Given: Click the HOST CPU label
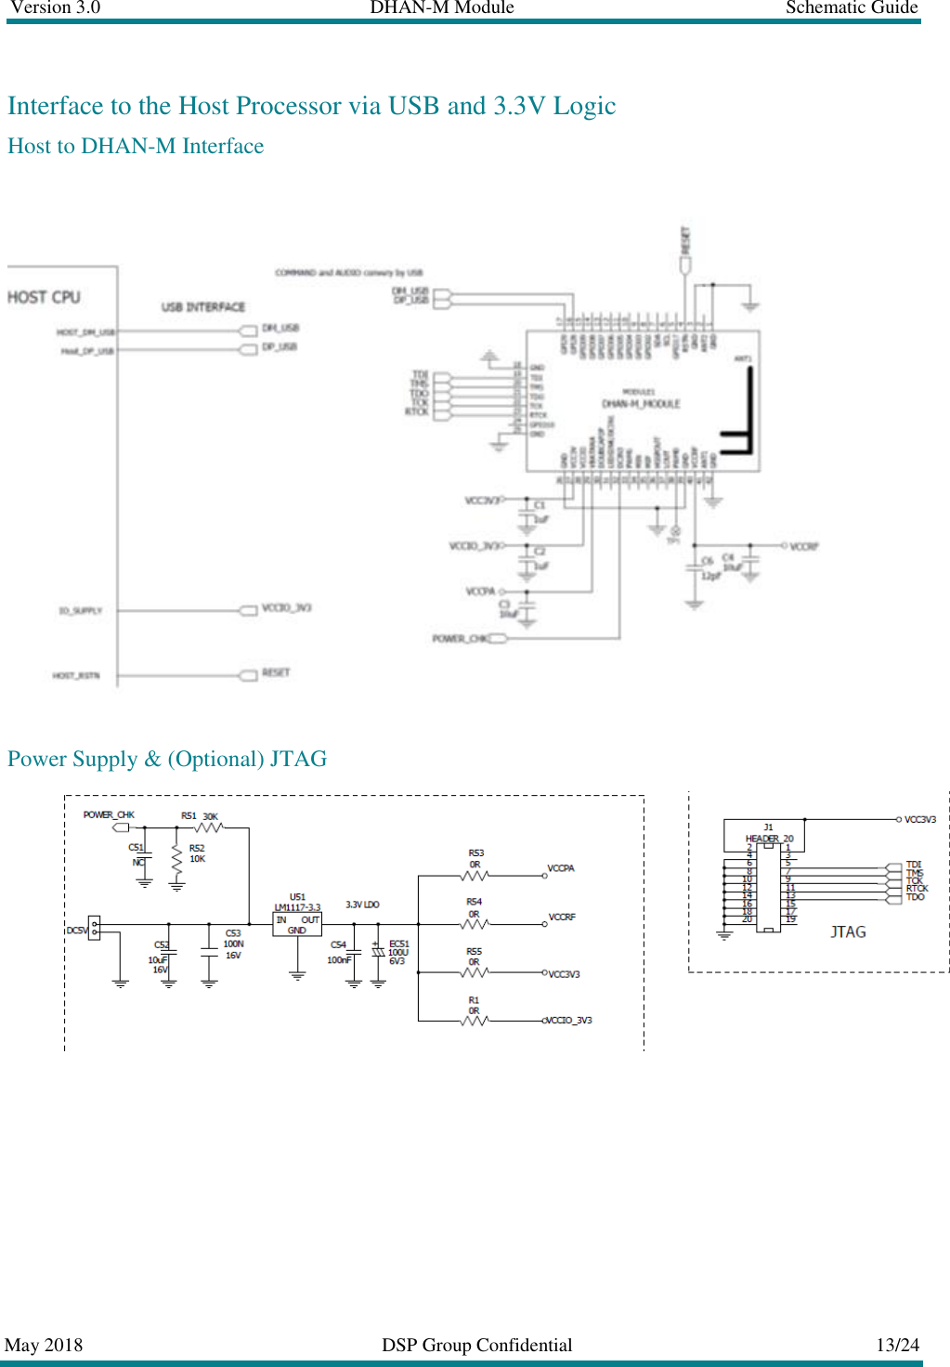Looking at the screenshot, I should (44, 297).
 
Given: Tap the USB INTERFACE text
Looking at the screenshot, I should (202, 306).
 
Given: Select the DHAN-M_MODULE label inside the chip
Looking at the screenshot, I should (641, 404).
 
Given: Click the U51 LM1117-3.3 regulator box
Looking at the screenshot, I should (297, 924).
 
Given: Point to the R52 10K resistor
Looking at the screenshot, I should (177, 860).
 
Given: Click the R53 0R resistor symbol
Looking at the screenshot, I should (475, 876).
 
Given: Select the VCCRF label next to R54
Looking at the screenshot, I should (562, 917).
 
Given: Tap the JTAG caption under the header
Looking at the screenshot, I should (847, 931).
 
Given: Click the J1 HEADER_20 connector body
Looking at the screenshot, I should (768, 887).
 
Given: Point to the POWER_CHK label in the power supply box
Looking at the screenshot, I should (109, 814).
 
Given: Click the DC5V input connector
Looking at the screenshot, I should (94, 928).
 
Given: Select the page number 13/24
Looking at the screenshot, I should (897, 1345).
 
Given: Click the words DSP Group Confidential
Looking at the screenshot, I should (476, 1345).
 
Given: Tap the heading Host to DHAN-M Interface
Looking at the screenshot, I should (136, 146).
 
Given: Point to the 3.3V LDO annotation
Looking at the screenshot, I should (362, 905).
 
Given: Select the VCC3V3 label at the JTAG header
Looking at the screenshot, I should (919, 820).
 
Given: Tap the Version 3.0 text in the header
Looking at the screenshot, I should (55, 7).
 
